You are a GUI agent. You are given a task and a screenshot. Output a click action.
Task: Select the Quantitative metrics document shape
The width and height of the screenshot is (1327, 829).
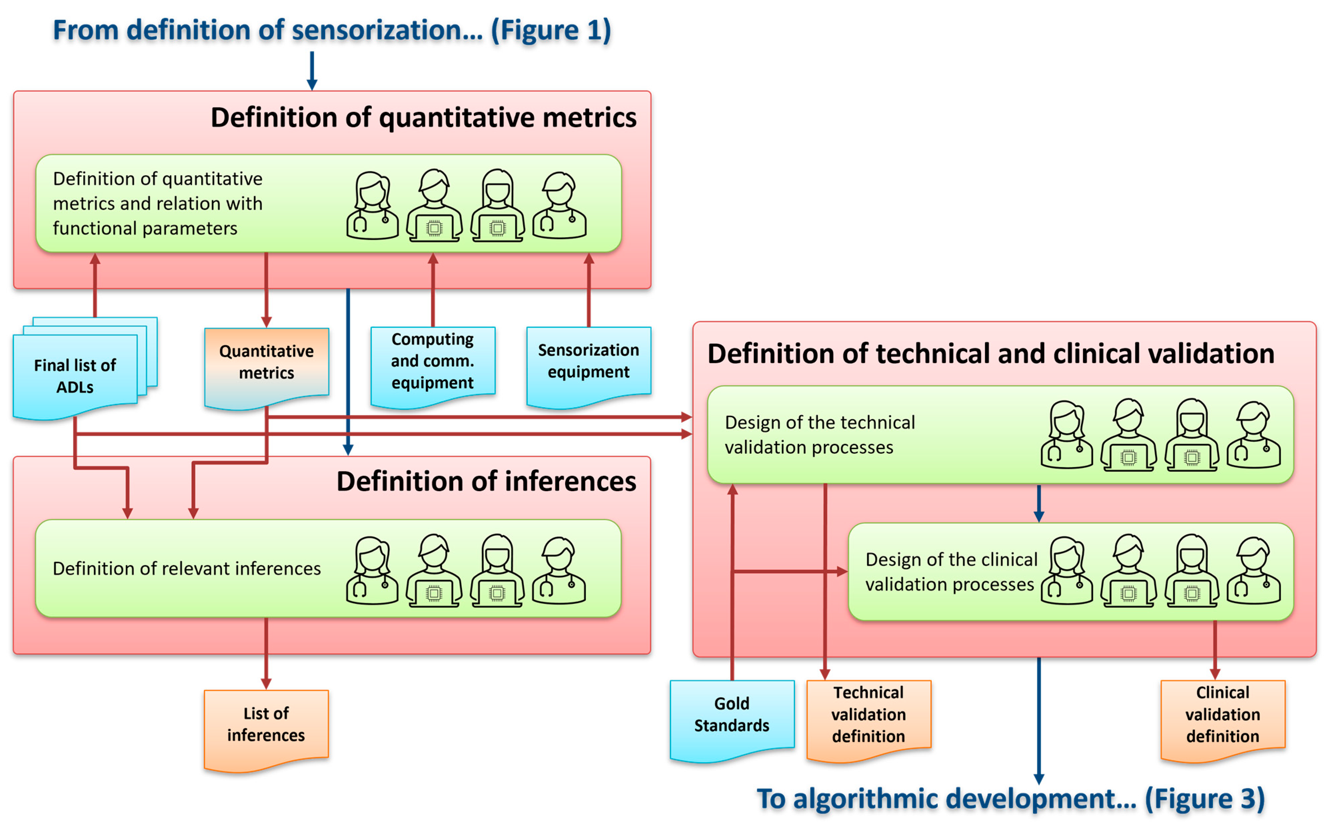pos(267,363)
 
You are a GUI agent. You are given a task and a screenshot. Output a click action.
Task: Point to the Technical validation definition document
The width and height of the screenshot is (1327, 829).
pos(868,715)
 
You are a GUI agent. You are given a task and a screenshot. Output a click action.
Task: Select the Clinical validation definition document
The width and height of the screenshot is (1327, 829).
pos(1222,715)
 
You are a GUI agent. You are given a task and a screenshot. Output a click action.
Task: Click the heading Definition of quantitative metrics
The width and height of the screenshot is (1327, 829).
pos(423,117)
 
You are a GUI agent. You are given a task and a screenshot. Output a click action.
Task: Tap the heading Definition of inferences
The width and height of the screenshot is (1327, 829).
pos(486,481)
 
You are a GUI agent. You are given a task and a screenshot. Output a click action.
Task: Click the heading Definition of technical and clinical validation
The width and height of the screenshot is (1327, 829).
pos(990,354)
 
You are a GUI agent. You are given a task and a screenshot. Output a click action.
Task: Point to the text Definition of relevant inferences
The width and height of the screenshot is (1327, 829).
pos(186,568)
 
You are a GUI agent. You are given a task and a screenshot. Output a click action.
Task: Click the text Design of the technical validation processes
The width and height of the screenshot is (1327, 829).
pos(820,435)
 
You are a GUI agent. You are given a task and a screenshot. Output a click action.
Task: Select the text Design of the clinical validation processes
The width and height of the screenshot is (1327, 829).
pos(951,572)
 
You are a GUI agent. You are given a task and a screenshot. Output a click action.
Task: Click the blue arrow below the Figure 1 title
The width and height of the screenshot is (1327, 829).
pos(312,70)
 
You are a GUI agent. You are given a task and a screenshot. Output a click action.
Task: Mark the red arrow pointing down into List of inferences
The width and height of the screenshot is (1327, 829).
pos(267,652)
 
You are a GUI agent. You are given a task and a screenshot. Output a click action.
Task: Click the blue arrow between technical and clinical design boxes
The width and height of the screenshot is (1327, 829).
pos(1038,503)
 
